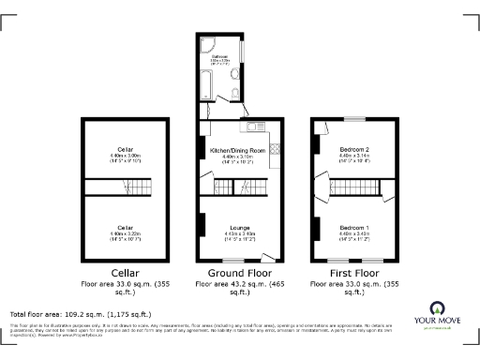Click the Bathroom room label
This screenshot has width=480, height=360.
[x=220, y=57]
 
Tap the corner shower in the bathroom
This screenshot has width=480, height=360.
[x=206, y=43]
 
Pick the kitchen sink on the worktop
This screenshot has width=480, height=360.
[x=254, y=127]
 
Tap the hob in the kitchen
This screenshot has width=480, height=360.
[x=276, y=147]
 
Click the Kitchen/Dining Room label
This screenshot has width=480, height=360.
[x=237, y=150]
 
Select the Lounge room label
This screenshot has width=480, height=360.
[x=237, y=226]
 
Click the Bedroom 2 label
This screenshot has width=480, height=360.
[x=354, y=150]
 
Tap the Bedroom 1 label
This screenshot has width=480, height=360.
[x=354, y=229]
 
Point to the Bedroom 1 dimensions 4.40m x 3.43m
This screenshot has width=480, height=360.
[x=354, y=234]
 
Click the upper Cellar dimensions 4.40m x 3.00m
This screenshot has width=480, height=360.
[x=126, y=156]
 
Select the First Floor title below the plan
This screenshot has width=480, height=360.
[x=354, y=274]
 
